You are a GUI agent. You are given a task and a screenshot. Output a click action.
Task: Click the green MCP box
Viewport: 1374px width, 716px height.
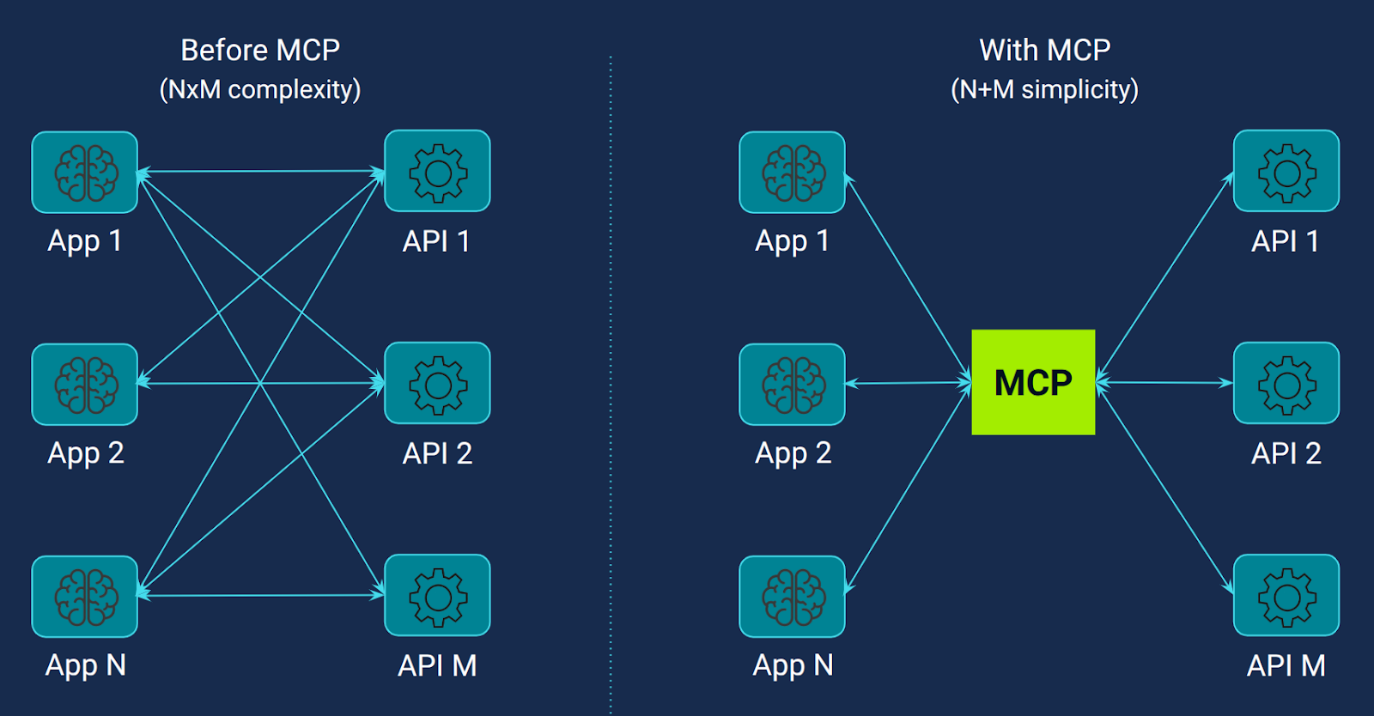point(1033,382)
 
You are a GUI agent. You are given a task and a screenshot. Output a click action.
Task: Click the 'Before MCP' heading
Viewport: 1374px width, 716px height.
point(260,50)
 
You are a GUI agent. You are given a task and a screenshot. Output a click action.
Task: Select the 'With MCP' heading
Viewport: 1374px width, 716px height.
point(1045,50)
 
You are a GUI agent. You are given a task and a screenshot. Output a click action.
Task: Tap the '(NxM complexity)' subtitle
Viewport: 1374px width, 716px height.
point(260,89)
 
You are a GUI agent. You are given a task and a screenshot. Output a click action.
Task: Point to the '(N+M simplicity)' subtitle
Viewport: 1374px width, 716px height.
point(1044,89)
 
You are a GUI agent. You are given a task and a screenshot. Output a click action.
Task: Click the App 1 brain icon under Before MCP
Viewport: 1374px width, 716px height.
point(85,172)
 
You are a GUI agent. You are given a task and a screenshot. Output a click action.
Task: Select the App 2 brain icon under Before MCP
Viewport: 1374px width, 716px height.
point(85,384)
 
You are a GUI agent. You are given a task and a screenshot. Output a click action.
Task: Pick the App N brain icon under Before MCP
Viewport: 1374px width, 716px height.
point(85,596)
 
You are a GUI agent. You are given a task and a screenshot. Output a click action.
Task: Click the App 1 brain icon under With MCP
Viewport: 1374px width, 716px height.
point(792,172)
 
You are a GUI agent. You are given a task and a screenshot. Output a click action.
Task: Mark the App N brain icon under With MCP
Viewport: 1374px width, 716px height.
point(792,596)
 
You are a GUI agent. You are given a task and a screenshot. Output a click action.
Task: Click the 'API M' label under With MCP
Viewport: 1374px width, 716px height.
point(1286,665)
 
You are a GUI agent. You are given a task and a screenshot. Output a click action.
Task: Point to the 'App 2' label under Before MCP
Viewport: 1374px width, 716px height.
point(86,453)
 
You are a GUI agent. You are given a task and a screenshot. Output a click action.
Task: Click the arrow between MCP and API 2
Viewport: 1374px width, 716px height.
point(1164,383)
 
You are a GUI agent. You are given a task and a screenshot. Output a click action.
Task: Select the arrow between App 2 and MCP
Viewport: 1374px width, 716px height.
point(909,383)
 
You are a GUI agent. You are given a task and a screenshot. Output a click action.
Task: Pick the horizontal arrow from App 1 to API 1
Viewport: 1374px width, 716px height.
point(260,172)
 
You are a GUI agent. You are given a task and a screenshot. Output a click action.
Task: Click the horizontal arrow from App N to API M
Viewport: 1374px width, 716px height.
point(260,595)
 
